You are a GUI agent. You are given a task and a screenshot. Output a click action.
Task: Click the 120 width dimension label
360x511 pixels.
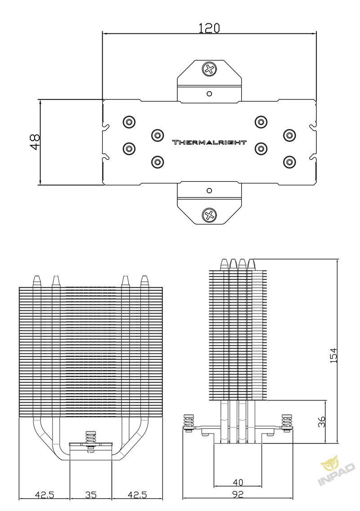(209, 28)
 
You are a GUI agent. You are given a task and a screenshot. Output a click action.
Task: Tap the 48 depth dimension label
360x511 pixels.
(35, 142)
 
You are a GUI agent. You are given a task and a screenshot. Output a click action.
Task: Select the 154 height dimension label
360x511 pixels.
(333, 355)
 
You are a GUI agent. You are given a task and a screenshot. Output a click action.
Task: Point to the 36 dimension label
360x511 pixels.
(321, 421)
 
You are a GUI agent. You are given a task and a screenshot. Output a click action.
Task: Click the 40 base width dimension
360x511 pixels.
(238, 482)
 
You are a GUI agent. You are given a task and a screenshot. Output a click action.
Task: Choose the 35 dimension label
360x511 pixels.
(91, 495)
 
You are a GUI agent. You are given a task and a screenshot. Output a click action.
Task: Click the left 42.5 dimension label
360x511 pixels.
(45, 495)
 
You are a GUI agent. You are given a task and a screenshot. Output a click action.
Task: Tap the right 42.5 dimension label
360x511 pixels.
(137, 495)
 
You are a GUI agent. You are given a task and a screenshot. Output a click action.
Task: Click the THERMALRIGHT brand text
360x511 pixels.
(209, 142)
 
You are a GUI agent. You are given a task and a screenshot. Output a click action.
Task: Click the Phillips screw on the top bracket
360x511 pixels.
(209, 69)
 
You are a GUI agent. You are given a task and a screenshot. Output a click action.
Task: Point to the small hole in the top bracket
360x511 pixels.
(209, 94)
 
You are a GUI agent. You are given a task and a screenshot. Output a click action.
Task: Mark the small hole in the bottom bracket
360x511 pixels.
(209, 190)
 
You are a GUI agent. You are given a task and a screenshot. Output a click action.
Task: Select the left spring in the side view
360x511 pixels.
(189, 421)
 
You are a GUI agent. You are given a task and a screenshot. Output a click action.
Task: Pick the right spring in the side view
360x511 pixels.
(287, 421)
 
